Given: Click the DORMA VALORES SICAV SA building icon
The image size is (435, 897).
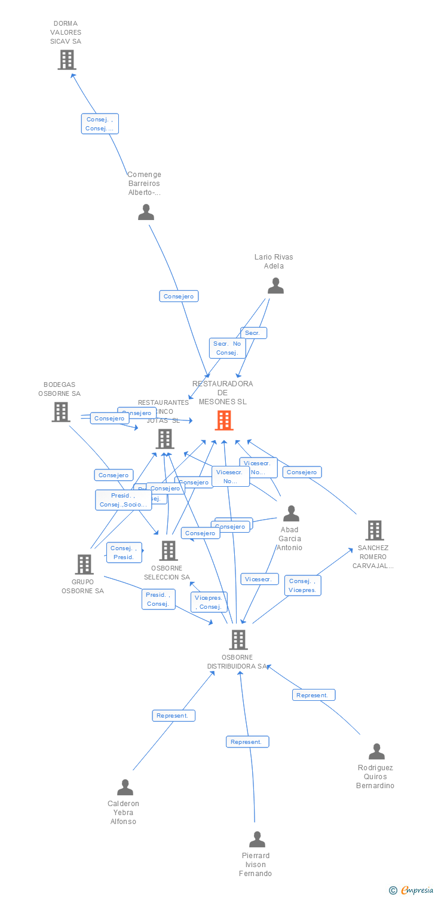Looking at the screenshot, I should click(66, 60).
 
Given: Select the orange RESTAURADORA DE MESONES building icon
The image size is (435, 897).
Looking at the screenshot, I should click(224, 420).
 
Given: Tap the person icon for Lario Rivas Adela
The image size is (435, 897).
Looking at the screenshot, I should click(275, 286).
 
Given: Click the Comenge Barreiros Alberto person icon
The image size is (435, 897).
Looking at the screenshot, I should click(146, 212).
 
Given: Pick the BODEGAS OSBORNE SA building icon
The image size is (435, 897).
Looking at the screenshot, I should click(60, 412).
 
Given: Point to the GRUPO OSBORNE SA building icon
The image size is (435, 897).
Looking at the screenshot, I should click(84, 564).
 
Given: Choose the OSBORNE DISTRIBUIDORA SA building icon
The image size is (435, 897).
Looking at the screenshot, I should click(238, 640).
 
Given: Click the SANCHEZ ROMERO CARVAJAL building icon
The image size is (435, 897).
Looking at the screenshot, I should click(374, 530).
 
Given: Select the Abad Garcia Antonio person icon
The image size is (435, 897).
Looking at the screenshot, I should click(291, 513).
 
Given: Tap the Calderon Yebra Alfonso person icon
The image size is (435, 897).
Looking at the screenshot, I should click(125, 787).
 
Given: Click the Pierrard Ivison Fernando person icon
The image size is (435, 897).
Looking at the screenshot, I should click(257, 839).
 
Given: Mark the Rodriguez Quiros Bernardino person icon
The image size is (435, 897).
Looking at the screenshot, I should click(376, 751).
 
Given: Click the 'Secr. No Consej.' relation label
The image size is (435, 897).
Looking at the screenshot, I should click(227, 348).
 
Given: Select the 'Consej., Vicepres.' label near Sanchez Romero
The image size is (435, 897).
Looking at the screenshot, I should click(303, 585).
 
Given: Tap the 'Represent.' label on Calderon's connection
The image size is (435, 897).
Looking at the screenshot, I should click(173, 715).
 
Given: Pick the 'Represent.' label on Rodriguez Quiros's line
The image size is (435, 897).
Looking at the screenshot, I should click(313, 695).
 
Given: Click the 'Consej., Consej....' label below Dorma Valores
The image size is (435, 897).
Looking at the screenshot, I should click(100, 124).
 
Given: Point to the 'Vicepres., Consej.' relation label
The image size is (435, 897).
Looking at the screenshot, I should click(209, 602).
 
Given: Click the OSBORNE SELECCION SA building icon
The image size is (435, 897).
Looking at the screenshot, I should click(169, 550).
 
